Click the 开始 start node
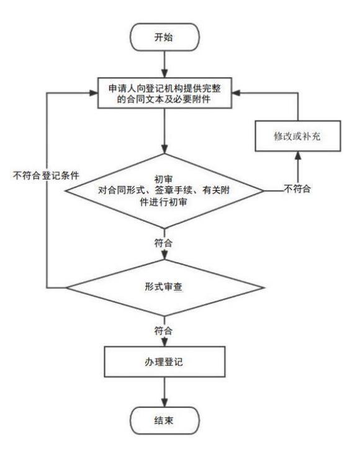164,37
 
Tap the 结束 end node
164,420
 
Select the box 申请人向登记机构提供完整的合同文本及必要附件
164,93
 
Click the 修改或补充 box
298,136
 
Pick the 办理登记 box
164,361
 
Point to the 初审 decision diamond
164,191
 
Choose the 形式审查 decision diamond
164,288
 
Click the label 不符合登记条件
46,176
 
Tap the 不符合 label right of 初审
297,189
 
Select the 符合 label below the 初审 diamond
163,243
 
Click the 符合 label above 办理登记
163,330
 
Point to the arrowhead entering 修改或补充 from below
298,155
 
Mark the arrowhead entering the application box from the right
236,93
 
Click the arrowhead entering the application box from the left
94,93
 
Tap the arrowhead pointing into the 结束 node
164,402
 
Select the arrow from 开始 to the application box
164,64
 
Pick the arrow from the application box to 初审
164,131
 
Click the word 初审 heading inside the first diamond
163,179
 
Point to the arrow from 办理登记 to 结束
164,392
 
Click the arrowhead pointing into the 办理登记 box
164,342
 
